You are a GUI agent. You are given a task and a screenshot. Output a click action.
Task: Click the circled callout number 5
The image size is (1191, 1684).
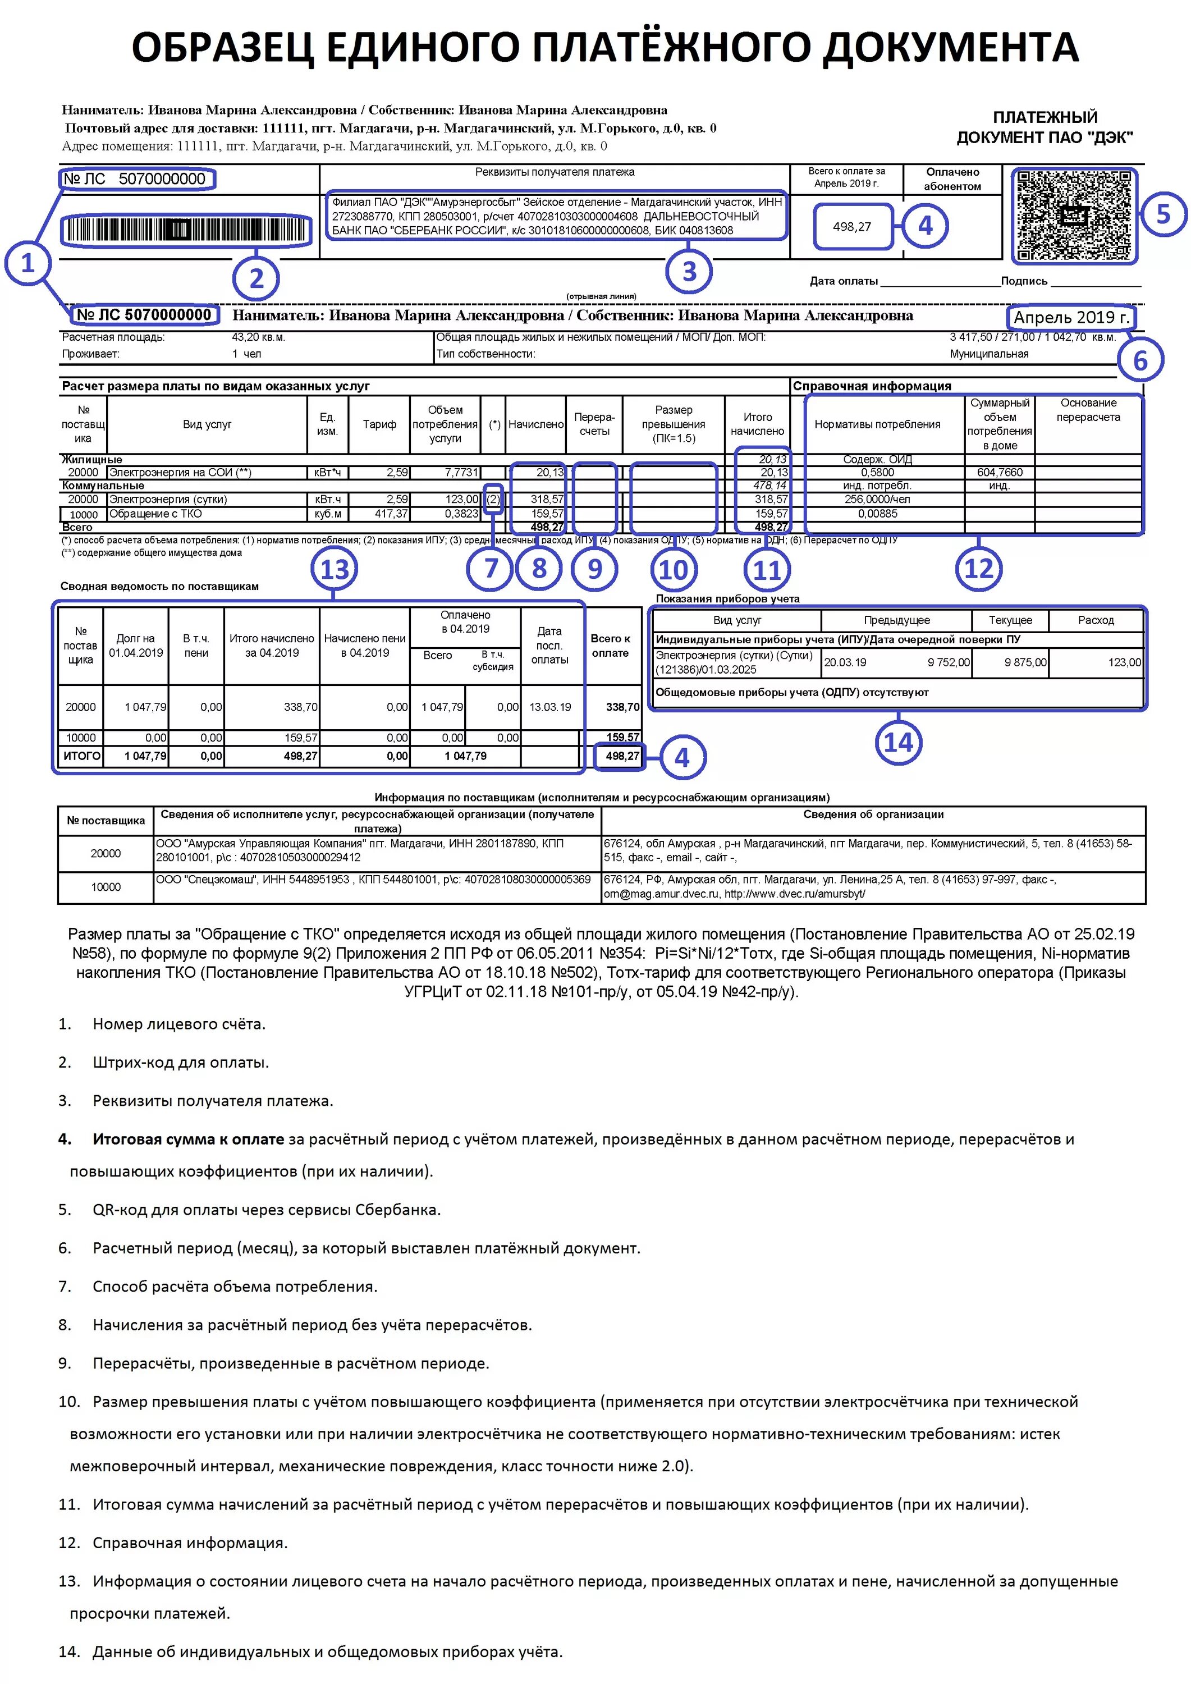(1163, 214)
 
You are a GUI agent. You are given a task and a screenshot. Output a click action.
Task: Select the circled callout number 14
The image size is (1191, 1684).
(899, 742)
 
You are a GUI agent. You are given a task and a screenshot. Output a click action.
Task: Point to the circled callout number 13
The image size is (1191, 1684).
(335, 569)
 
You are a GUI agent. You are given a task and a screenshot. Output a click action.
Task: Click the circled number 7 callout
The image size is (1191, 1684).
(491, 568)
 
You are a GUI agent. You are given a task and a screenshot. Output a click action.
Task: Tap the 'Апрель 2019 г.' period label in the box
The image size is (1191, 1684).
(1071, 318)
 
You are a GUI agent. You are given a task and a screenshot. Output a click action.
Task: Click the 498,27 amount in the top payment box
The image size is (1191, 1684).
(851, 227)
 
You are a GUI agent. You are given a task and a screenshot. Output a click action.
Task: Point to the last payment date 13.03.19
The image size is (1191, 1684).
(550, 707)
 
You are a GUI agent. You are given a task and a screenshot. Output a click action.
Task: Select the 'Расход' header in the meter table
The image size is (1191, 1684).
(1096, 620)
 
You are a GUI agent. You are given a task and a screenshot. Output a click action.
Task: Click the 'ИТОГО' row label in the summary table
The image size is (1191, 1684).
(81, 756)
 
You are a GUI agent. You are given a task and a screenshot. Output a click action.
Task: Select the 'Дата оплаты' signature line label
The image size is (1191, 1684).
(844, 281)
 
